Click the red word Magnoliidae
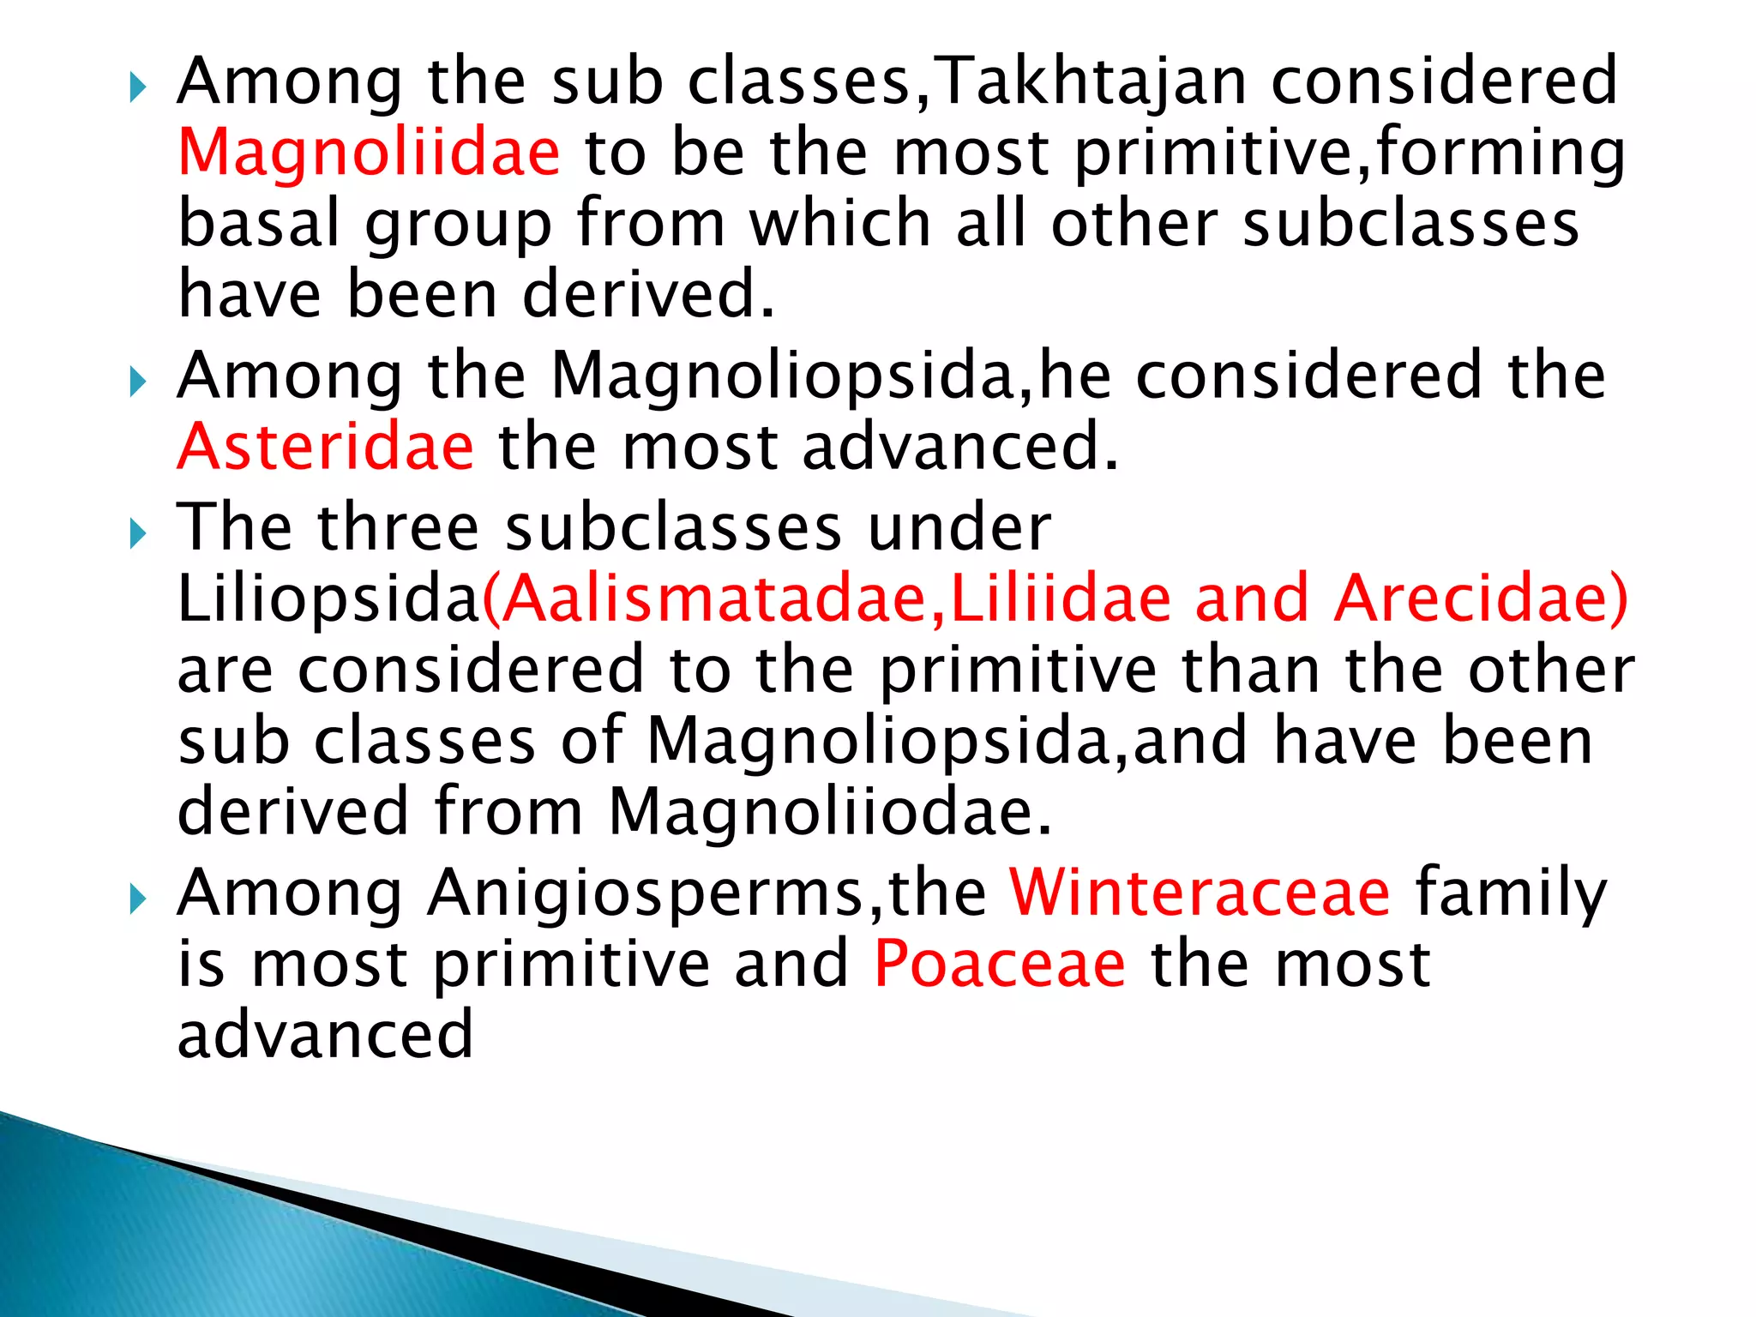click(369, 153)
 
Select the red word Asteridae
click(325, 447)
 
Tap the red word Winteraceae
click(1200, 893)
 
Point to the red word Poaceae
click(999, 964)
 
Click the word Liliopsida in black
click(328, 599)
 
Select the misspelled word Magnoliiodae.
click(830, 811)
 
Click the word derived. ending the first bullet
click(648, 294)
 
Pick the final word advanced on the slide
click(325, 1034)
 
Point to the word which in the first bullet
click(840, 223)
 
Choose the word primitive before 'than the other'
click(1019, 671)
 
